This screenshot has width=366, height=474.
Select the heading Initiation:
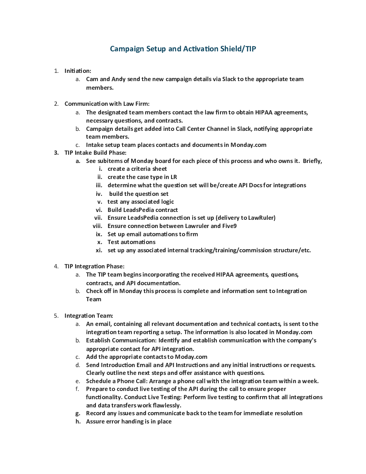[78, 71]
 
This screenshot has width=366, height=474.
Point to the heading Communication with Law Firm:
[107, 104]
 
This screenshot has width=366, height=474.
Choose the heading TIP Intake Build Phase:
[95, 153]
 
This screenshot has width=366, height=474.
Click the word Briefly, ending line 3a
[312, 161]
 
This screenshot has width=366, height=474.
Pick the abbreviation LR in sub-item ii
[173, 177]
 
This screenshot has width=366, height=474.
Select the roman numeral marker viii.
[97, 226]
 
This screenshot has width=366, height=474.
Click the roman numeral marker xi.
[99, 250]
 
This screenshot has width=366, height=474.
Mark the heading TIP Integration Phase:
[94, 266]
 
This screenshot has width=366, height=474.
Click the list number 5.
[56, 316]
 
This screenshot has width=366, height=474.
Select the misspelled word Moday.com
[191, 357]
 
